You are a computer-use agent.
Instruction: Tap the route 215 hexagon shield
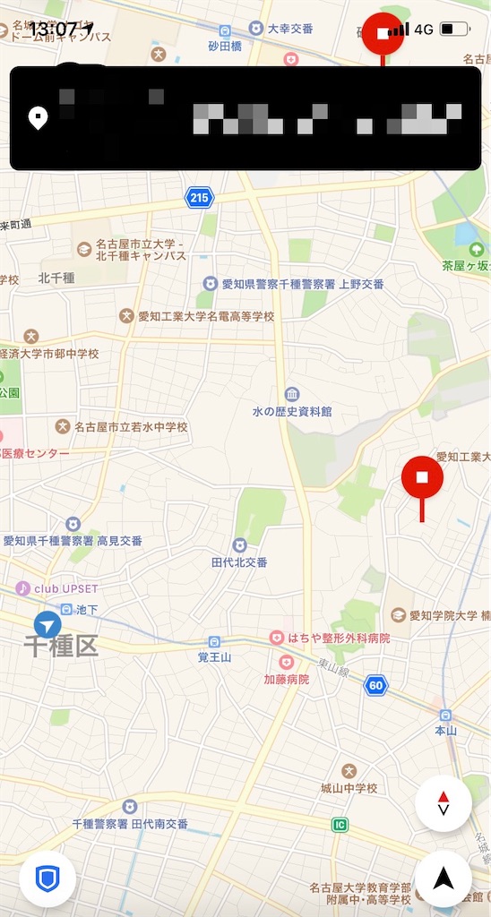(200, 197)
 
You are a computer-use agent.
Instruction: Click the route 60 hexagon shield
(376, 686)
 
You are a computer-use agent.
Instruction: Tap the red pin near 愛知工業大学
(422, 478)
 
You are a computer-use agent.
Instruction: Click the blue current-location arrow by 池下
(47, 625)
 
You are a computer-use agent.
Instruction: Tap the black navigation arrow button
(443, 878)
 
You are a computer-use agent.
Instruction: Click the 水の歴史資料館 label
(292, 411)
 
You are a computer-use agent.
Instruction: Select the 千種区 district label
(60, 647)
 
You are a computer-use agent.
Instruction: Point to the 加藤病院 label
(286, 679)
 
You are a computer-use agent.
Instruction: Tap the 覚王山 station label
(215, 656)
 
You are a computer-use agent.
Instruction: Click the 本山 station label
(446, 730)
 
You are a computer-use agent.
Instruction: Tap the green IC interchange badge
(339, 825)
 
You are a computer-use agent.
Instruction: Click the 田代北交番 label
(239, 561)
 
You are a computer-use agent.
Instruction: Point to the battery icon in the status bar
(454, 29)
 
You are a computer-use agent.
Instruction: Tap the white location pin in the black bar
(39, 117)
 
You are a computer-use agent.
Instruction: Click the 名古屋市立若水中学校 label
(131, 427)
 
